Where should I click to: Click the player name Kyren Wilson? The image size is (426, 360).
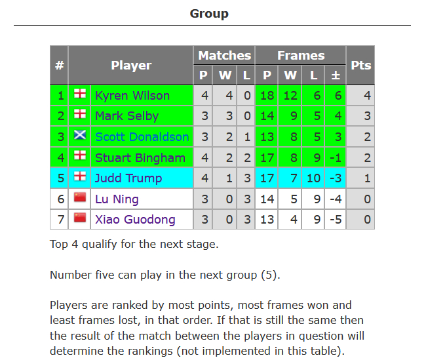[132, 96]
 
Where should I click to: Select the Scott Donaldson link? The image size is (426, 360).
[142, 137]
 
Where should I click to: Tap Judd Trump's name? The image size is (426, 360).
[128, 178]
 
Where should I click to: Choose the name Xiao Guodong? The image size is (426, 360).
[135, 220]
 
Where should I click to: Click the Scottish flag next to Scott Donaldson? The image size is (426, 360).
[80, 134]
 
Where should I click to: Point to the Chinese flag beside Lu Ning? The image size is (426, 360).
[80, 197]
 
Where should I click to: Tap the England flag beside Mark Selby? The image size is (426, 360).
[80, 114]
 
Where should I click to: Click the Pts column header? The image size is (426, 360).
[361, 66]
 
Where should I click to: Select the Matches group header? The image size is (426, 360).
[224, 56]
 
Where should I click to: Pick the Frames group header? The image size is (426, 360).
[301, 56]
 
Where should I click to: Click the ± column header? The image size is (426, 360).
[336, 75]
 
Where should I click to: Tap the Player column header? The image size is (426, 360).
[131, 66]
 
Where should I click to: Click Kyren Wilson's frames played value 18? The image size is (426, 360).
[267, 96]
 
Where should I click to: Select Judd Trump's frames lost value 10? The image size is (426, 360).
[313, 178]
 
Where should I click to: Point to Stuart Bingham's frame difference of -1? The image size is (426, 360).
[336, 157]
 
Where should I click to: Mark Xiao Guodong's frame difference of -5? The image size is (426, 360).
[336, 220]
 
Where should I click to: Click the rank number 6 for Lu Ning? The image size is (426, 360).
[60, 199]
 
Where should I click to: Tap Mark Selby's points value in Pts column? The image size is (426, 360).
[367, 116]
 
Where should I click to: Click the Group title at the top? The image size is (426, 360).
[209, 14]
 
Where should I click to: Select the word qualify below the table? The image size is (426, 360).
[100, 244]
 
